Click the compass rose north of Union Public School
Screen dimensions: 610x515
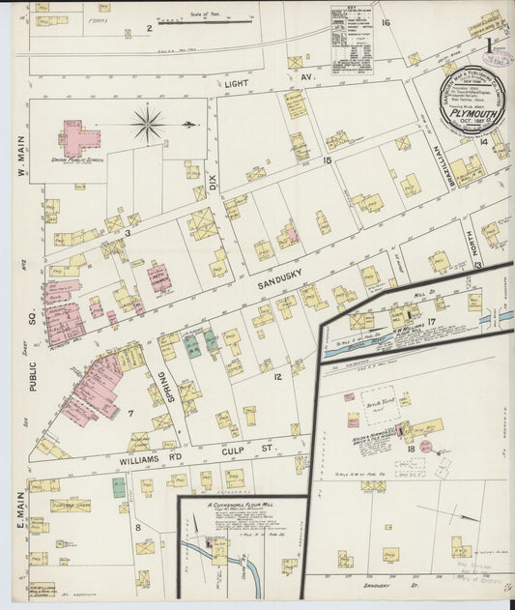[x=148, y=123]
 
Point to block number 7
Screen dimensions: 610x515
[x=129, y=414]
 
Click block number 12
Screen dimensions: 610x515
[x=276, y=376]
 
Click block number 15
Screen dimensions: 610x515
[x=327, y=160]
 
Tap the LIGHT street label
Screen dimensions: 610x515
[x=237, y=85]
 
